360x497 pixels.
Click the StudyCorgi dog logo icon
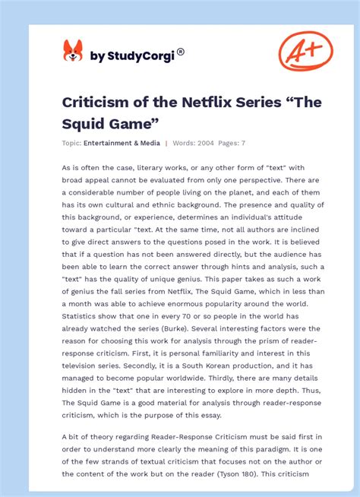pos(73,52)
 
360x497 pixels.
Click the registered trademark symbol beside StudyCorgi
pos(181,52)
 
